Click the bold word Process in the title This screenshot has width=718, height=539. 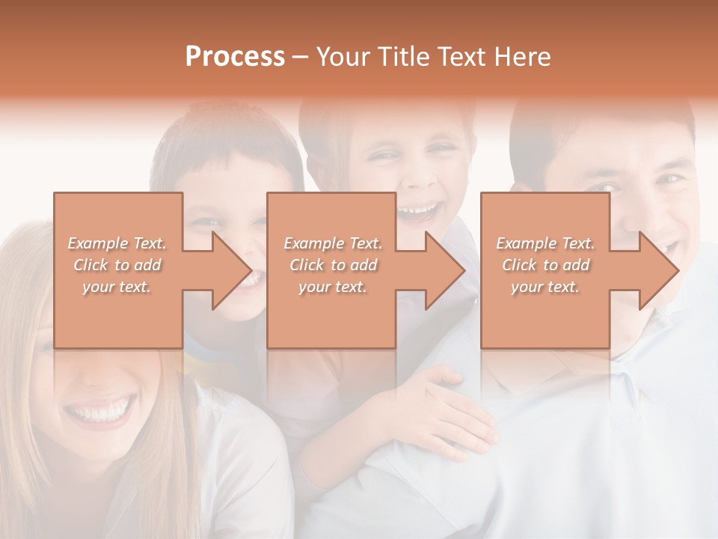[235, 57]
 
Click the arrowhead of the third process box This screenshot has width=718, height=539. [658, 270]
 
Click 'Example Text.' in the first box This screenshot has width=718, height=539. [117, 243]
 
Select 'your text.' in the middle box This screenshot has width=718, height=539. [332, 287]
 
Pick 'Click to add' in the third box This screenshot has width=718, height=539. [545, 265]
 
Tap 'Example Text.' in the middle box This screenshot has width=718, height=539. [332, 243]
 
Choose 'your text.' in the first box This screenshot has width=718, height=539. [117, 287]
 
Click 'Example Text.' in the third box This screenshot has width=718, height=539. [545, 243]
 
